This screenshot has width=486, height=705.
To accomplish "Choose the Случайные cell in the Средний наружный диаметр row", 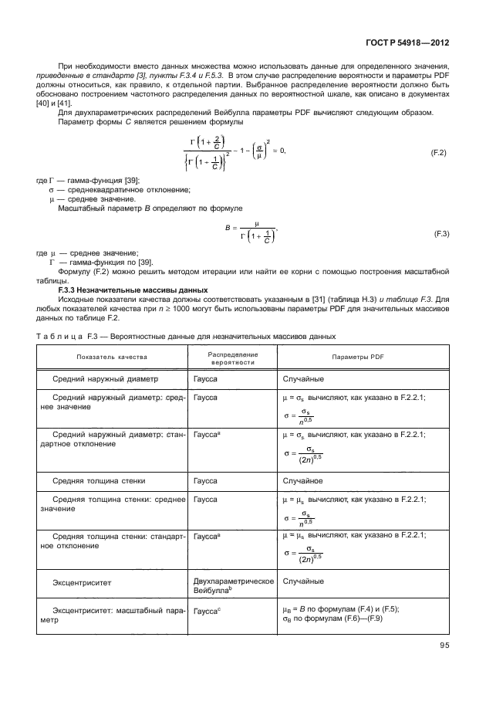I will click(303, 379).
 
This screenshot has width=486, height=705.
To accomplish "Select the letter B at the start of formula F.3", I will click(228, 229).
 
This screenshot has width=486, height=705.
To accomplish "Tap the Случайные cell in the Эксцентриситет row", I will click(303, 580).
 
